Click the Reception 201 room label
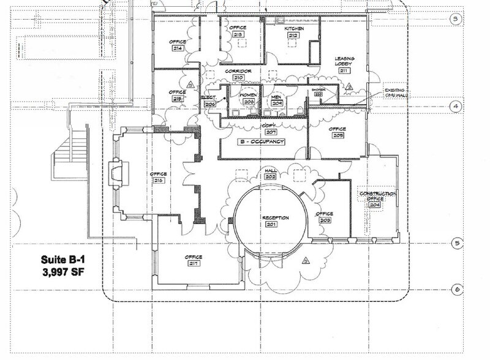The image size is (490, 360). point(275,221)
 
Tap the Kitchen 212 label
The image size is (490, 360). point(293,32)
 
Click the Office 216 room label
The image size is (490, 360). point(159,178)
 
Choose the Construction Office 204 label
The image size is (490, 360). point(377,198)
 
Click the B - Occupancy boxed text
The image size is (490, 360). point(262,141)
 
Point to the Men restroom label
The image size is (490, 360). point(276,100)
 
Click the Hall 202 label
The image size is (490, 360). point(270,173)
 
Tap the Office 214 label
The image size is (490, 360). point(178,45)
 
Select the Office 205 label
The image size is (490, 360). point(337,132)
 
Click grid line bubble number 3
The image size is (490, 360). point(454,18)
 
